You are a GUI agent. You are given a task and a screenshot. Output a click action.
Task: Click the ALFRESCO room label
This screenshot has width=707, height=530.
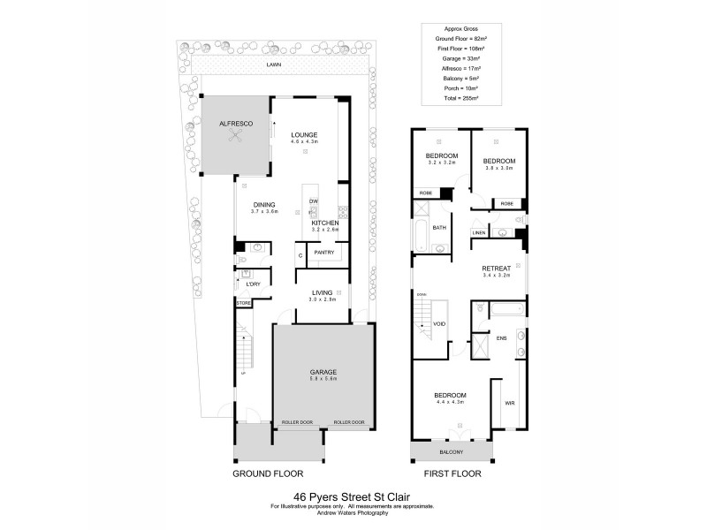click(x=236, y=125)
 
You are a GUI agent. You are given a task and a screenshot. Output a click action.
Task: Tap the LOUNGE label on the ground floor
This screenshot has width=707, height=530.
click(x=304, y=134)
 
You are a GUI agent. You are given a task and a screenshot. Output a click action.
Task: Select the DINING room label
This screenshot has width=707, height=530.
click(x=264, y=204)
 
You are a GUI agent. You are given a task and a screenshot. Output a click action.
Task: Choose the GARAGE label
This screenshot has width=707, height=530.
click(x=323, y=372)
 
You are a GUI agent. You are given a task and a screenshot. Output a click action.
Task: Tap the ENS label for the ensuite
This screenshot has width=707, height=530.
click(x=501, y=337)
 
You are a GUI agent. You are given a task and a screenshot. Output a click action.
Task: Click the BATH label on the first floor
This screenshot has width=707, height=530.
click(x=439, y=227)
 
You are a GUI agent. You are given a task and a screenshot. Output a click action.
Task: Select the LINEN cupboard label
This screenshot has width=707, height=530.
click(x=478, y=233)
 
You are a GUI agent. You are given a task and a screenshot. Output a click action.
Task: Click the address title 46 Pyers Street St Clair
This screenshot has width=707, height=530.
click(x=353, y=497)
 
